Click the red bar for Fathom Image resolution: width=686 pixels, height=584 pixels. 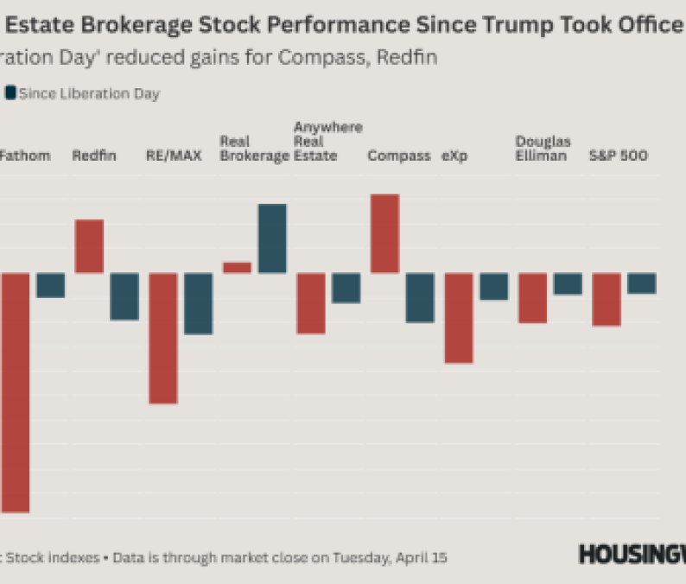tap(15, 392)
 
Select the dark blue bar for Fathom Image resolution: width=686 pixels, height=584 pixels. tap(50, 285)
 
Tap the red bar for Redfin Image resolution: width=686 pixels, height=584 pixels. tap(89, 246)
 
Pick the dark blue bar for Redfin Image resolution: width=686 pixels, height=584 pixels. tap(124, 296)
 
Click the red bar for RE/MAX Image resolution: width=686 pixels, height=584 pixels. tap(163, 338)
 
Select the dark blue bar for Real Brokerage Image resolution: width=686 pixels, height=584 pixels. tap(272, 238)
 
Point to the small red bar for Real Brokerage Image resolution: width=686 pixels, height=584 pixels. tap(237, 268)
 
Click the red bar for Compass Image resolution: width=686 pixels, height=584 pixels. tap(384, 233)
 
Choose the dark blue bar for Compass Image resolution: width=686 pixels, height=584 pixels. tap(420, 297)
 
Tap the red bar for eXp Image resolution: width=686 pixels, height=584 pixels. tap(459, 318)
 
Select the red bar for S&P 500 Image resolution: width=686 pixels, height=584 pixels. tap(607, 299)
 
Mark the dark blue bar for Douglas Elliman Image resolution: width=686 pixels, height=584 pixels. tap(568, 283)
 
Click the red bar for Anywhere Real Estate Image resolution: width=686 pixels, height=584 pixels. tap(311, 303)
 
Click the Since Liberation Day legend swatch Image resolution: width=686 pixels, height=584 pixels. tap(10, 93)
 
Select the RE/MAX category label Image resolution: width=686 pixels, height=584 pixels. tap(168, 156)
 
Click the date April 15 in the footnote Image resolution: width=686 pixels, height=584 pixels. tap(422, 557)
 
